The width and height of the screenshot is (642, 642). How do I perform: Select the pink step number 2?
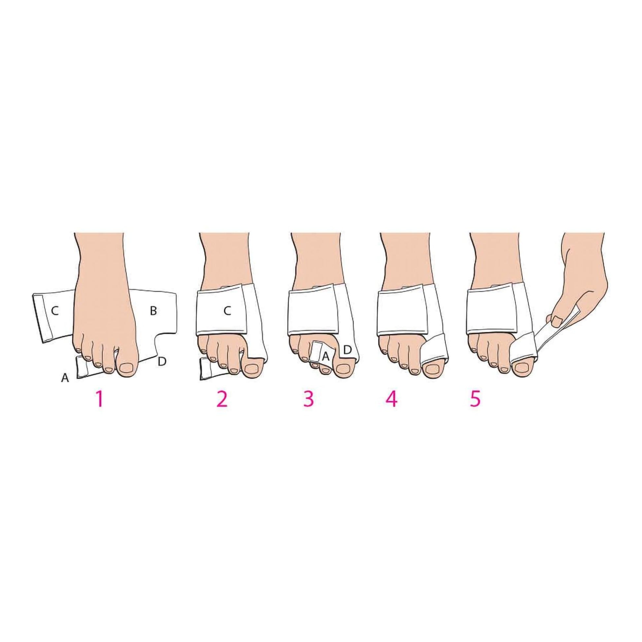pos(222,399)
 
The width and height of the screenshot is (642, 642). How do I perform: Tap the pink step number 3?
pos(308,399)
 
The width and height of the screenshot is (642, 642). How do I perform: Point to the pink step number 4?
pos(392,399)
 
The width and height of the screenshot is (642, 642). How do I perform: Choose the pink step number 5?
pos(475,399)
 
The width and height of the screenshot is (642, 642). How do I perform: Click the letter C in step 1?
pos(55,311)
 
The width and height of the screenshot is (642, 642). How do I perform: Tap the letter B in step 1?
pos(153,311)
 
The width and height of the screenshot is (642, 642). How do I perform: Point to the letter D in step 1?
pos(162,361)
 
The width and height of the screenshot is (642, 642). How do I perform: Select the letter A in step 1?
pos(65,377)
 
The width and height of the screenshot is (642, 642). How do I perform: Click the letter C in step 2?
pos(227,311)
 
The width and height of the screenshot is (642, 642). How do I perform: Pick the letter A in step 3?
pos(326,357)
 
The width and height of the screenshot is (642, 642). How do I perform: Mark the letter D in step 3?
pos(347,350)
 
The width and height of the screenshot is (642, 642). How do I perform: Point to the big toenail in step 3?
pos(343,369)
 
